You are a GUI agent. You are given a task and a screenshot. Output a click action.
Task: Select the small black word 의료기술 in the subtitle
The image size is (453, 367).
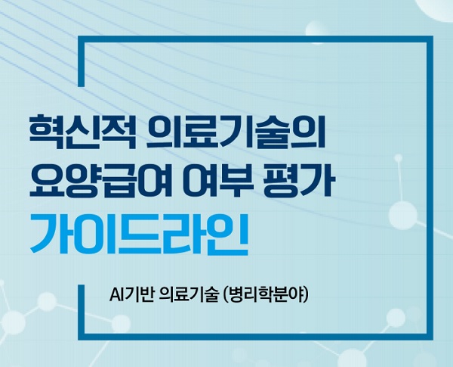coord(189,295)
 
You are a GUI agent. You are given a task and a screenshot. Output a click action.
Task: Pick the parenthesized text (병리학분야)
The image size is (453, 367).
coord(266,295)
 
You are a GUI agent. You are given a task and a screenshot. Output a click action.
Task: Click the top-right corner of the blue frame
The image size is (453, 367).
coord(430,39)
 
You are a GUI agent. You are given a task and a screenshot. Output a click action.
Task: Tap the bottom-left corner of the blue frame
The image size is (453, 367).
coord(82,337)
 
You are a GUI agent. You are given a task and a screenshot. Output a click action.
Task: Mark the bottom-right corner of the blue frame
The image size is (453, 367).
coord(430,337)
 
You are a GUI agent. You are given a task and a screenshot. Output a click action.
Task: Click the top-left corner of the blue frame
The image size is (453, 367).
coord(82,39)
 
